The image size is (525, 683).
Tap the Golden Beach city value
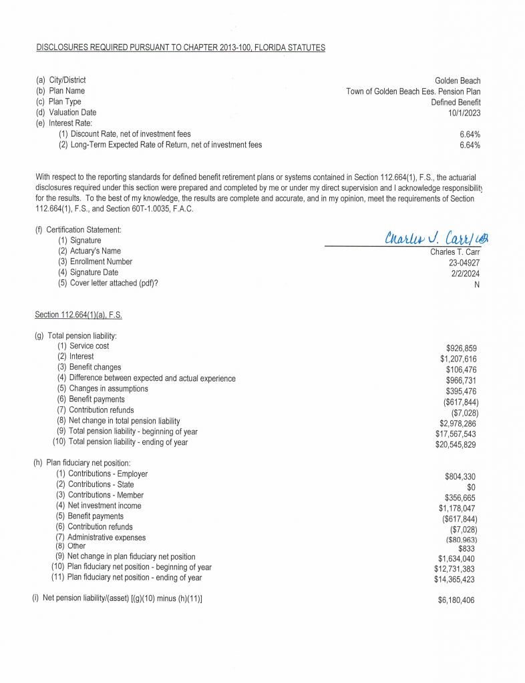pos(458,80)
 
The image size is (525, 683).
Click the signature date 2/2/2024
pos(464,273)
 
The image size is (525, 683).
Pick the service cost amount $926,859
pos(462,348)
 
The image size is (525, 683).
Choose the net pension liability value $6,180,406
pos(458,600)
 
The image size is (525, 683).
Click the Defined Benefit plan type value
pos(456,102)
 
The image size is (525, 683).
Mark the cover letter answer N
pos(477,284)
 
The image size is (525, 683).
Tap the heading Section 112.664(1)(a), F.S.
pos(78,314)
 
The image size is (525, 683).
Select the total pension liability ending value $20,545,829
pos(456,444)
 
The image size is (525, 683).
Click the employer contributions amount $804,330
pos(461,476)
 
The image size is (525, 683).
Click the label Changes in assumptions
pos(108,389)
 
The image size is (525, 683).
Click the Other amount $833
pos(468,548)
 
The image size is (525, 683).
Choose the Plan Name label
pos(67,91)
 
